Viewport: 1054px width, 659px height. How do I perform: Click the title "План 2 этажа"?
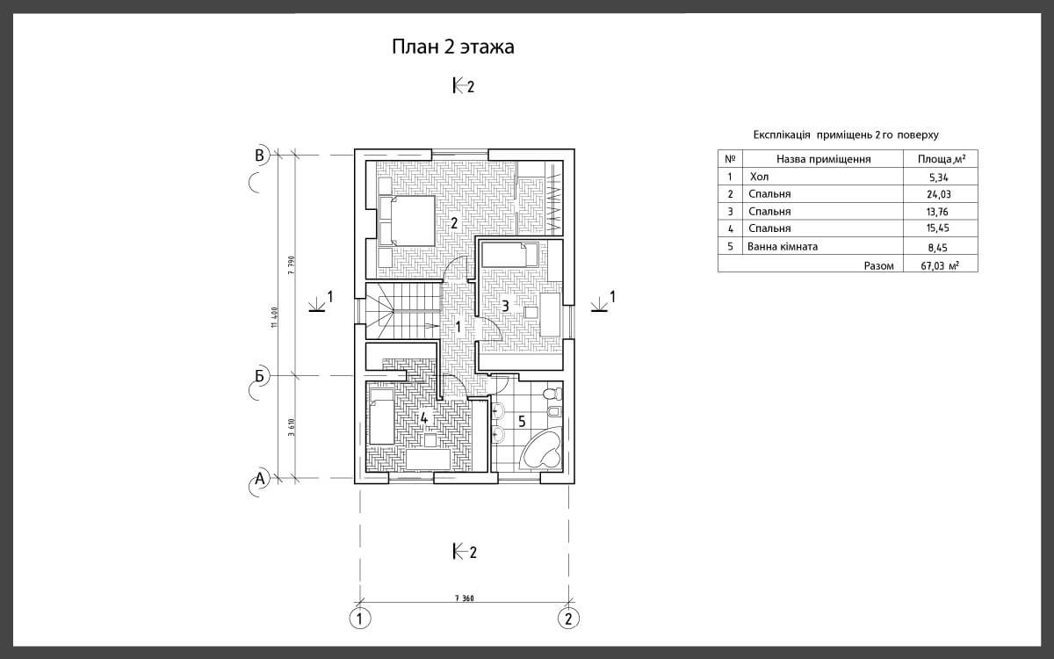tap(453, 47)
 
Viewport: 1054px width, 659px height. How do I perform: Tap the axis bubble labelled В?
tap(260, 156)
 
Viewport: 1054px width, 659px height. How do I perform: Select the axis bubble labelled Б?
tap(260, 376)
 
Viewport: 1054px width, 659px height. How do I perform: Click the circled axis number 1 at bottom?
tap(360, 618)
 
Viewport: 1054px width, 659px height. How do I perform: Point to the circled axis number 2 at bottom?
tap(568, 618)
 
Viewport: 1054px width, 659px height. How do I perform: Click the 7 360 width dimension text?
tap(465, 598)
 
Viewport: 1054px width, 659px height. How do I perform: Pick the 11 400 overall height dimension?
tap(275, 318)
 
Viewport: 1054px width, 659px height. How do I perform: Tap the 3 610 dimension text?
tap(292, 427)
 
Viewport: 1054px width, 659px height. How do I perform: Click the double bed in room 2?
tap(407, 221)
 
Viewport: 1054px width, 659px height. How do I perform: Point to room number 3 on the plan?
tap(505, 307)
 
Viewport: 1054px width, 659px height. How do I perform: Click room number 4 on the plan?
tap(424, 417)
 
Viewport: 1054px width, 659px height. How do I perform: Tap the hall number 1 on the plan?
tap(458, 326)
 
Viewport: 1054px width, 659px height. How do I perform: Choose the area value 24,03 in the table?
tap(938, 194)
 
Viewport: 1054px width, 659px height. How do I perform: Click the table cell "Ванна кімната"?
tap(783, 246)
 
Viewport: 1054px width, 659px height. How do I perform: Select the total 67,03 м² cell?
tap(940, 265)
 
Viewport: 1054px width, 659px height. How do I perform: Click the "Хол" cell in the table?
tap(759, 177)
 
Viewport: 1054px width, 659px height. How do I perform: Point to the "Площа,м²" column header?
tap(941, 159)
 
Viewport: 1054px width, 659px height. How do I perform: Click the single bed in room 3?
tap(509, 255)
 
